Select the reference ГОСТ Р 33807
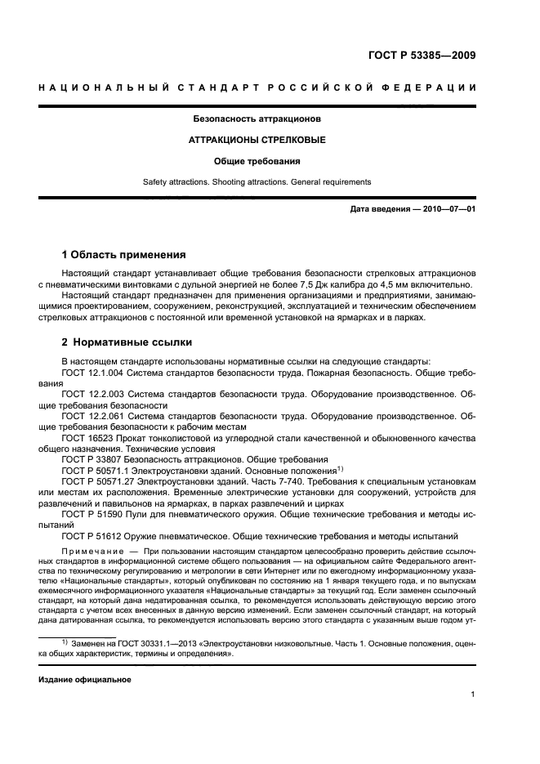coord(91,459)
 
